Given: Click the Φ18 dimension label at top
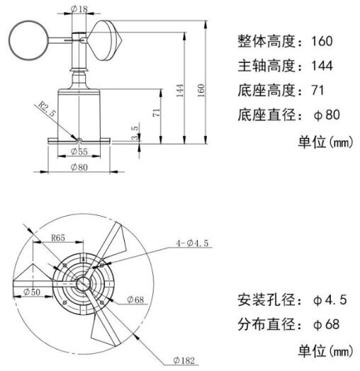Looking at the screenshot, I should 79,10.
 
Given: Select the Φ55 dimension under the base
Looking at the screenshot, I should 79,151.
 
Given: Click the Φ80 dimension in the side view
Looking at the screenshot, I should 79,167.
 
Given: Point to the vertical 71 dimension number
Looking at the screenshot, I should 158,112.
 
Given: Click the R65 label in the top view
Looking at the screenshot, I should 58,239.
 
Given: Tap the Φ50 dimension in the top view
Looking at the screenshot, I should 31,291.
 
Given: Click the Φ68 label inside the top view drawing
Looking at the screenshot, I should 135,299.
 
